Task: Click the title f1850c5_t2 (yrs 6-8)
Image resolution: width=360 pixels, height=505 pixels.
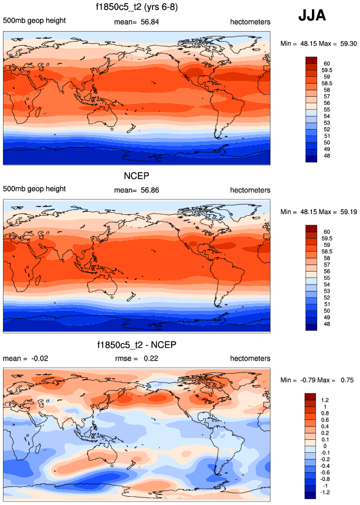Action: coord(137,8)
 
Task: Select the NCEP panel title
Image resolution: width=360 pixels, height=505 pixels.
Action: coord(137,176)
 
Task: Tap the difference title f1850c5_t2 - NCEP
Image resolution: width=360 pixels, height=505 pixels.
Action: coord(137,344)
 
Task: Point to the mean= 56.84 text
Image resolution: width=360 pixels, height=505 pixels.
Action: coord(137,22)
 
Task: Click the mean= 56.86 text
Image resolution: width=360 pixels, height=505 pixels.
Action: coord(137,190)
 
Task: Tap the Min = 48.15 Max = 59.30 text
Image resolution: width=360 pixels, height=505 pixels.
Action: coord(317,43)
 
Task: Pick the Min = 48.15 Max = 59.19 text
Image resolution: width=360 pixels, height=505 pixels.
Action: coord(317,212)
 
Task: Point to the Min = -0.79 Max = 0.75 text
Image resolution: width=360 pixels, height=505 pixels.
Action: coord(317,380)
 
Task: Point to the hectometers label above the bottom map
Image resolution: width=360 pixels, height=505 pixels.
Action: coord(250,358)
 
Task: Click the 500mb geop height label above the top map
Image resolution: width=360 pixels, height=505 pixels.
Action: coord(34,22)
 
